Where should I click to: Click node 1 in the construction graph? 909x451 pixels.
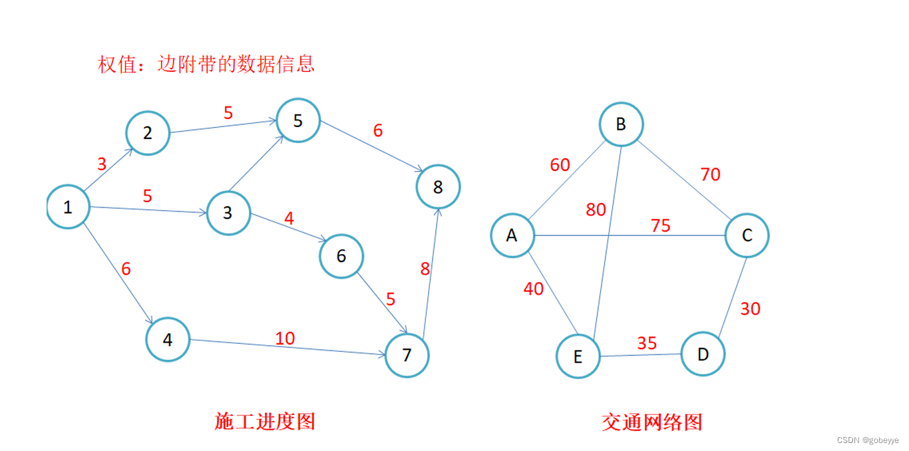point(68,207)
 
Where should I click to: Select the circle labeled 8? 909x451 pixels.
point(438,187)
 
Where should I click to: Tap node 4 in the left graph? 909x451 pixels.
point(168,340)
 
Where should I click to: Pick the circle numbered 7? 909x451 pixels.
point(407,355)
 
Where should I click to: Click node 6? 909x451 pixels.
point(341,256)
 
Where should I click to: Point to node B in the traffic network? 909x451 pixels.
point(621,123)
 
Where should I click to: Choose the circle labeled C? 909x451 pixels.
point(747,235)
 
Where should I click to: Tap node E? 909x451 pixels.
point(578,357)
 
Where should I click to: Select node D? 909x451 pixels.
point(703,354)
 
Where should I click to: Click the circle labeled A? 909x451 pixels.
point(512,234)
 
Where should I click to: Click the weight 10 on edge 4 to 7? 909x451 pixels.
point(285,338)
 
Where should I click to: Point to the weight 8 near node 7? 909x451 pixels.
point(425,269)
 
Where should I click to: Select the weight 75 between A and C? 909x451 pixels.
point(660,225)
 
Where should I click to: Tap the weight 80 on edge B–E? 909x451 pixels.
point(596,210)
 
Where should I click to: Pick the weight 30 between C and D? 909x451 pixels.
point(750,309)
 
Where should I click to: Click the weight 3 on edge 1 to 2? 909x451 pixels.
point(102,164)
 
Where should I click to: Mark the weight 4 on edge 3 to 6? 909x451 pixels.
point(289,218)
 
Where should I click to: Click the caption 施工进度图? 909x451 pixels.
point(265,421)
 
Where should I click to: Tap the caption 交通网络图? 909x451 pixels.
point(651,422)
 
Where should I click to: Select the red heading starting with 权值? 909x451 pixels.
point(206,64)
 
